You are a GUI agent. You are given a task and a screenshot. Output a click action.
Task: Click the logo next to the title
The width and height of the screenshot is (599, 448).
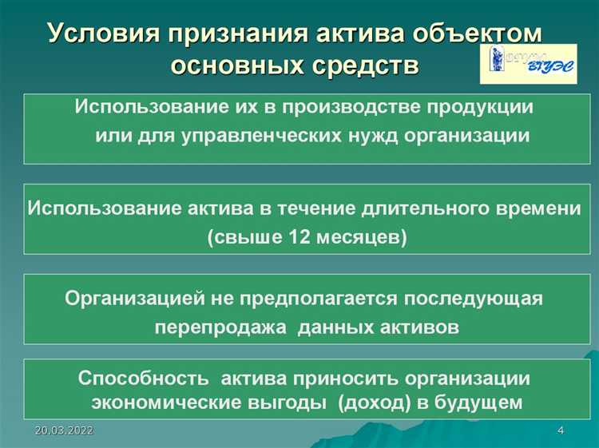coord(529,64)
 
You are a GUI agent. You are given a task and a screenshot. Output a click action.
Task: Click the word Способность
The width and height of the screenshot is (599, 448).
coord(144,377)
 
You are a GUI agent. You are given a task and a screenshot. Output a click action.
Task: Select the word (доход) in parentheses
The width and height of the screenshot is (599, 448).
coord(372,402)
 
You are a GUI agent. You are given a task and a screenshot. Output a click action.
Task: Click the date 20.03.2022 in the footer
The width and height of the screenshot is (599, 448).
coord(65,431)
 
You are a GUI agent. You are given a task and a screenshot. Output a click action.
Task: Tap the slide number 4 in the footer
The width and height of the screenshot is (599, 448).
coord(560,431)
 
